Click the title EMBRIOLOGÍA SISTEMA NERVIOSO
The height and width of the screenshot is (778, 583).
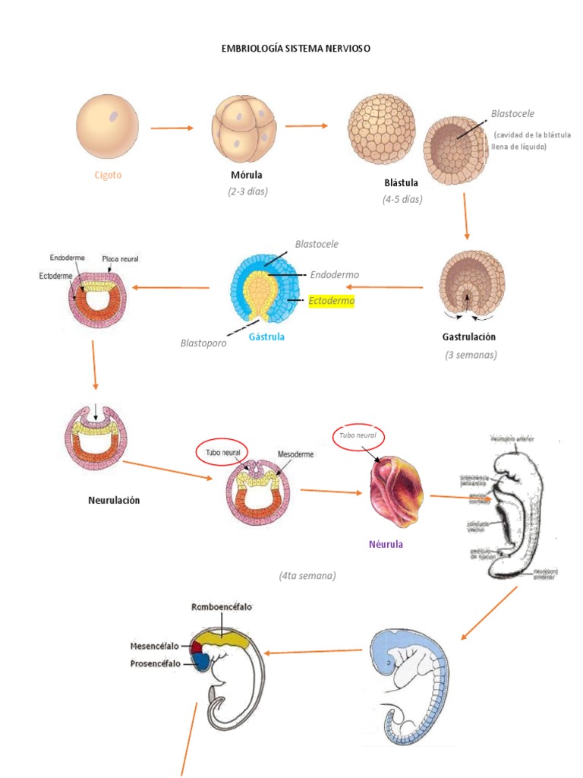coord(295,48)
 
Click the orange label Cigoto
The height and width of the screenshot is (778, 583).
coord(108,175)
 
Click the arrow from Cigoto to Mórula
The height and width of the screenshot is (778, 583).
coord(172,128)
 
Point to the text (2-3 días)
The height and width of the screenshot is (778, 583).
coord(247,191)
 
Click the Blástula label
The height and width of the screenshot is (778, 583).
coord(402,183)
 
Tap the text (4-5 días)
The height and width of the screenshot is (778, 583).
coord(402,200)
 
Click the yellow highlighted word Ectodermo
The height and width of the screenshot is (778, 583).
coord(332,301)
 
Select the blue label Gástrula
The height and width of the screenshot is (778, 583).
coord(267,337)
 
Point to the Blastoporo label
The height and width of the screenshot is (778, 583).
coord(203,343)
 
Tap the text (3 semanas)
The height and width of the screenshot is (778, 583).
coord(471,355)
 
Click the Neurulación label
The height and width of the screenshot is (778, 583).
coord(113,500)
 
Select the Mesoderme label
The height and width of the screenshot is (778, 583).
coord(296,454)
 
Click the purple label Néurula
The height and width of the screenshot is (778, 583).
coord(386,544)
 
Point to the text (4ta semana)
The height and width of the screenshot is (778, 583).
coord(307,576)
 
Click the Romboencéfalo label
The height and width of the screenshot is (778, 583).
coord(222,607)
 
